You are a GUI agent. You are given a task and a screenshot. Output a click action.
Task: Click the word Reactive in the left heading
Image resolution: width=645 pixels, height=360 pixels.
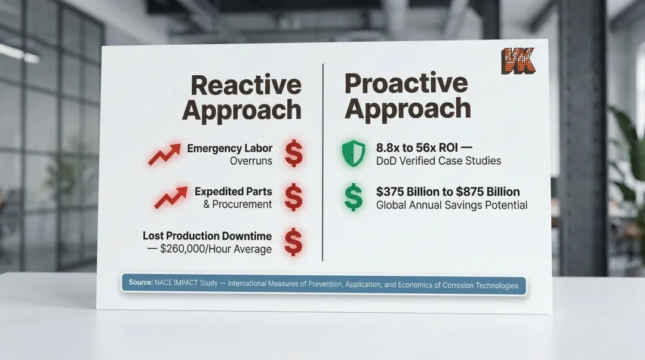246,85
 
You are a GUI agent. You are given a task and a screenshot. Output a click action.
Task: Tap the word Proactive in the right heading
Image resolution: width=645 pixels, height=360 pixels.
406,83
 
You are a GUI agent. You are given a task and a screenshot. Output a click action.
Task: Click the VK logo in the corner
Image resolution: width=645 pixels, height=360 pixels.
517,61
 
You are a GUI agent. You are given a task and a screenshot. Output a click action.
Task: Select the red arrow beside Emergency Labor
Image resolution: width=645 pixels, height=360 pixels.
164,154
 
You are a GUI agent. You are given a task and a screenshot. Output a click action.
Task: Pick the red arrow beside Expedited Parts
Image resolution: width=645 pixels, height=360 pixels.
170,198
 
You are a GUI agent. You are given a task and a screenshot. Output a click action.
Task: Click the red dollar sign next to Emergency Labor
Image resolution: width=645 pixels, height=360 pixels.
293,153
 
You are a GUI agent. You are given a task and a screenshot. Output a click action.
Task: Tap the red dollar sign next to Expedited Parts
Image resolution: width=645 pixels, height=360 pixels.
293,198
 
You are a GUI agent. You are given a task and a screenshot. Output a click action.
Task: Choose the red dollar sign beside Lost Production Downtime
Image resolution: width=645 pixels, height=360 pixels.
293,241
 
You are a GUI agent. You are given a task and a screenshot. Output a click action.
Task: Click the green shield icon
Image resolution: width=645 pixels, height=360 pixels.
353,153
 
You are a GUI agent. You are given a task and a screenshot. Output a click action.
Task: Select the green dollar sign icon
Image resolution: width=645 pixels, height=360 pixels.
353,198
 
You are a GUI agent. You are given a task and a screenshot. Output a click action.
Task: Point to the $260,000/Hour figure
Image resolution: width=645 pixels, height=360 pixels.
216,249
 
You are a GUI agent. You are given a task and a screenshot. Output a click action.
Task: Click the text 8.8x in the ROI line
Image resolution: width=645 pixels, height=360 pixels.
389,147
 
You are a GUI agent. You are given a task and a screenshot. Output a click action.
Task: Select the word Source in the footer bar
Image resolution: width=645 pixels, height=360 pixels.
140,282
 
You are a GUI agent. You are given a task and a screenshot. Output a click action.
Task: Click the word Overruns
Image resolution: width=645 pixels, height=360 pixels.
251,161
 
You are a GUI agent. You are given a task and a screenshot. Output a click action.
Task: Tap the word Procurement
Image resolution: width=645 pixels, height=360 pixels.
242,204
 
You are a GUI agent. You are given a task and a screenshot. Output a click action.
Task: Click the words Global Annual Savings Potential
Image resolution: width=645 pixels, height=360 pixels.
451,205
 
